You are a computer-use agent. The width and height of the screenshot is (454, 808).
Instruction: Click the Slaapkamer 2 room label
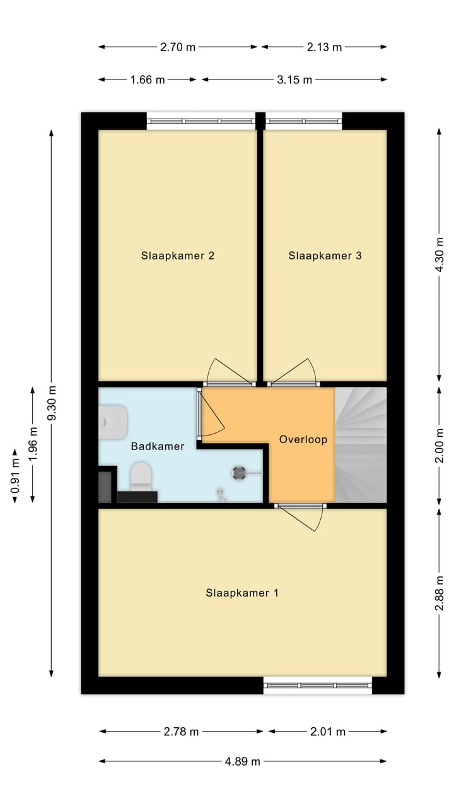[x=177, y=256]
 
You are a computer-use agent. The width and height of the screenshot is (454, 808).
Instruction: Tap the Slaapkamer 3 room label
[x=325, y=256]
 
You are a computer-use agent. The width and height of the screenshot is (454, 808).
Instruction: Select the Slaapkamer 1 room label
[x=242, y=593]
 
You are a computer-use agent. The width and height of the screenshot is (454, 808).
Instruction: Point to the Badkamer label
[x=158, y=446]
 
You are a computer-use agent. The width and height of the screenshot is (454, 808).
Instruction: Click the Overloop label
[x=303, y=439]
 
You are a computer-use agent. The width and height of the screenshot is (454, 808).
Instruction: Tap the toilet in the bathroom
[x=140, y=478]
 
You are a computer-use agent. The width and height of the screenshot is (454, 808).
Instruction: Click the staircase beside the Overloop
[x=360, y=444]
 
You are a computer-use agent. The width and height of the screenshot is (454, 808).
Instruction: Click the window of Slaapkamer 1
[x=317, y=685]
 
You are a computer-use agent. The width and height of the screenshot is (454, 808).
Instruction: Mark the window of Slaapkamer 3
[x=303, y=121]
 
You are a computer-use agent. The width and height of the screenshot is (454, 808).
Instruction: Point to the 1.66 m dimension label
[x=148, y=80]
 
